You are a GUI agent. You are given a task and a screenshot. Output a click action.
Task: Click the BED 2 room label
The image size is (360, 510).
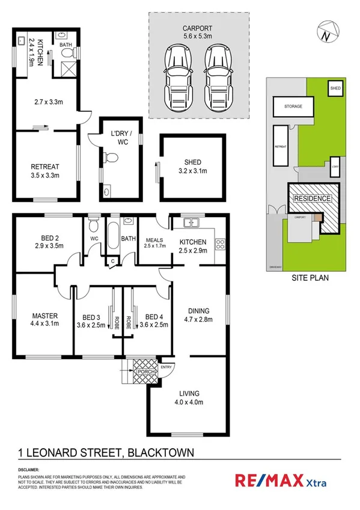[50, 242]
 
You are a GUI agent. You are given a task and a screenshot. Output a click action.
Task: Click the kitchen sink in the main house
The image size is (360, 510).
[190, 223]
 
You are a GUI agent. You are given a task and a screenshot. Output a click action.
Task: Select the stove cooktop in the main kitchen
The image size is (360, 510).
[220, 244]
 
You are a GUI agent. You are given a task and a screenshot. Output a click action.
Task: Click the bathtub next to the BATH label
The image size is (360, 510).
[113, 238]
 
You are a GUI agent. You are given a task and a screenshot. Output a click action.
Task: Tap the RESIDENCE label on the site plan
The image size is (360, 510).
[311, 198]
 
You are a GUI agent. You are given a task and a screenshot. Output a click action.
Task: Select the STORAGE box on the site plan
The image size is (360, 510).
[289, 106]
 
